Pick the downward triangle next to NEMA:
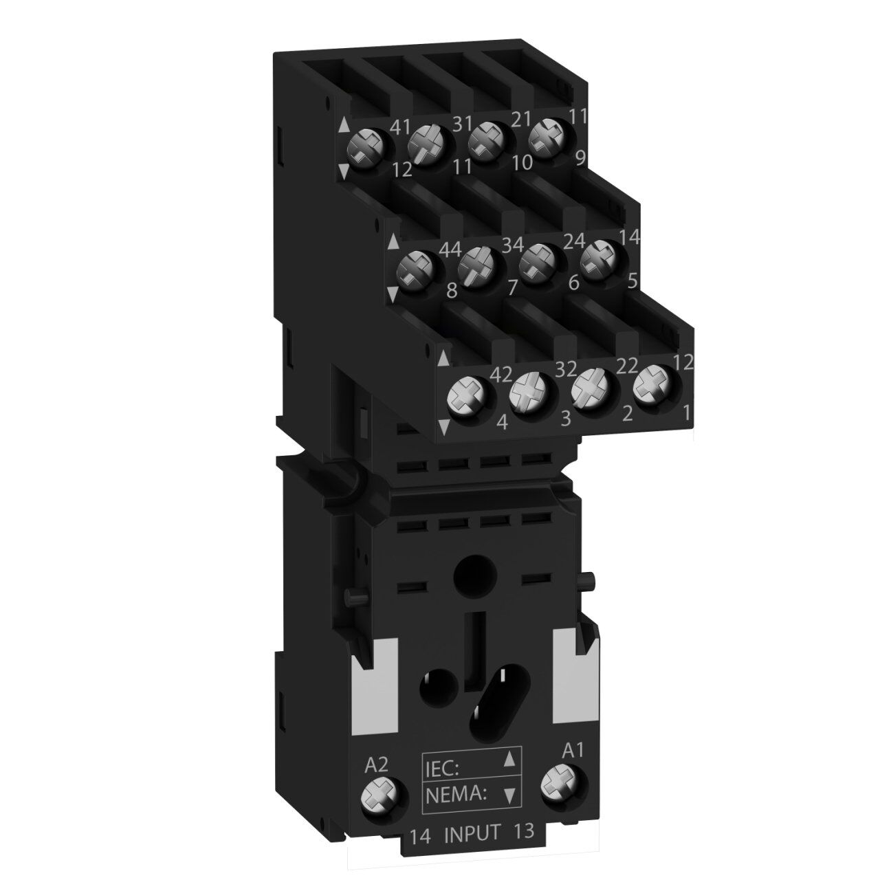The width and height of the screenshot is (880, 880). click(509, 795)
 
